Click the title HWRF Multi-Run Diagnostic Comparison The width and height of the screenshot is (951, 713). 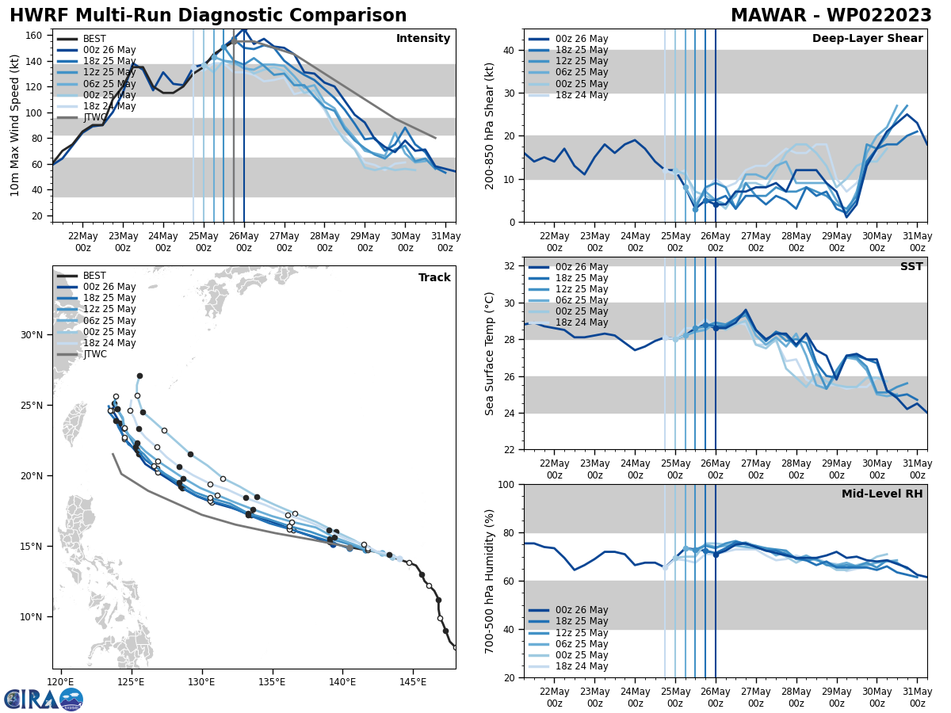point(208,16)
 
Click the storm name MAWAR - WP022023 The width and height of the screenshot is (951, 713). point(831,16)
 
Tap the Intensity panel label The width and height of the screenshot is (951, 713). point(423,39)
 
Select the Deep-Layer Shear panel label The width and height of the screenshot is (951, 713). point(867,39)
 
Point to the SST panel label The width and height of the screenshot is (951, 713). point(911,267)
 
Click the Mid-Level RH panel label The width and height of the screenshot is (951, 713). point(882,494)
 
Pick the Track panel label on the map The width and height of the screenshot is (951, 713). point(434,278)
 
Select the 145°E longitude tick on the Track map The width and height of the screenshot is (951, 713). point(412,681)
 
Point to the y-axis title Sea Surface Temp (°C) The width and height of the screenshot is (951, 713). point(490,353)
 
